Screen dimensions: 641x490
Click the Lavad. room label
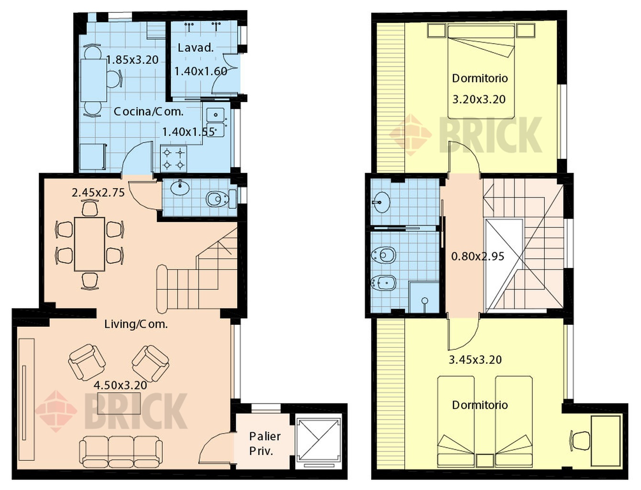[x=196, y=48]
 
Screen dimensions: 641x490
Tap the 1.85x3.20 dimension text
[x=133, y=60]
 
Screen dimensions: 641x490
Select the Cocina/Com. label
[x=149, y=111]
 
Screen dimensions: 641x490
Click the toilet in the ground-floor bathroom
[x=221, y=199]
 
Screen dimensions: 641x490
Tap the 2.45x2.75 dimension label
[x=98, y=193]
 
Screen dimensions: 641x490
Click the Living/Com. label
[x=136, y=324]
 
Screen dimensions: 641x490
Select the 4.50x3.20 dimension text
[x=121, y=385]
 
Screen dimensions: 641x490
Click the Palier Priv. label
[x=265, y=444]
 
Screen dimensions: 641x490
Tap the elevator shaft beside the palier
[x=318, y=442]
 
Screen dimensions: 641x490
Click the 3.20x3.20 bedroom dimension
[x=479, y=99]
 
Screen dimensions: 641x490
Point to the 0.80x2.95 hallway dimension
[x=478, y=256]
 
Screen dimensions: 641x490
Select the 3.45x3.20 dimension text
[x=475, y=360]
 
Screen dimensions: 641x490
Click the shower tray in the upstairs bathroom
[x=424, y=297]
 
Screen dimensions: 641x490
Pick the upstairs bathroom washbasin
[x=381, y=202]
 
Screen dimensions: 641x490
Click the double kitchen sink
[x=216, y=122]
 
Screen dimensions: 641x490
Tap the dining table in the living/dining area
[x=89, y=244]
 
